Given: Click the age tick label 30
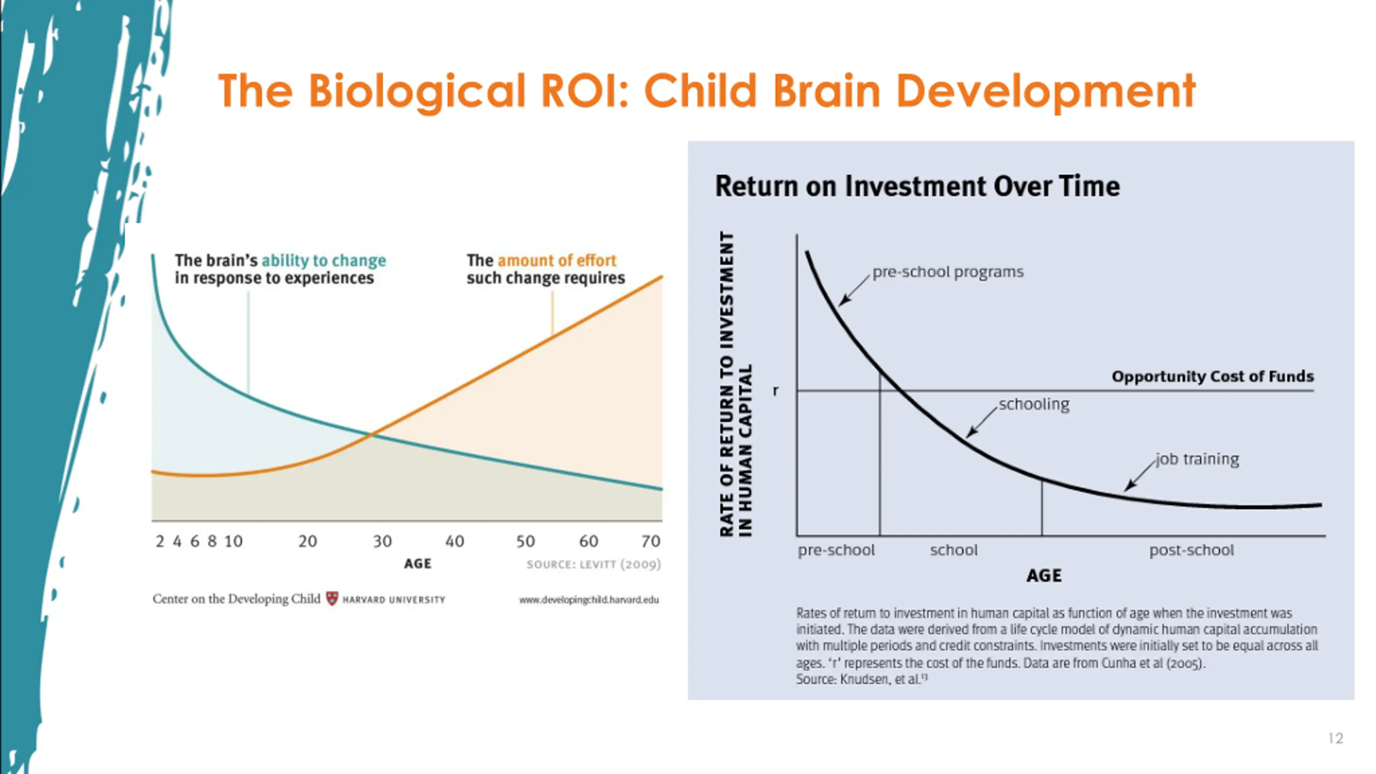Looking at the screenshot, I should pyautogui.click(x=382, y=541).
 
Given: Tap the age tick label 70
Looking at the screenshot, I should pyautogui.click(x=650, y=541).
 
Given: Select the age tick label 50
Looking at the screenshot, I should pyautogui.click(x=525, y=541).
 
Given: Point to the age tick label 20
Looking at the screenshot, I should pyautogui.click(x=307, y=541).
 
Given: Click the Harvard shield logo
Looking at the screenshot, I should pyautogui.click(x=332, y=599).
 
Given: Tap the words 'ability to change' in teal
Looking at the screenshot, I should pyautogui.click(x=324, y=261).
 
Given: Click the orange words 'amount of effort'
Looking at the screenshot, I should pyautogui.click(x=557, y=261).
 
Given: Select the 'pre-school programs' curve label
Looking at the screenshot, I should pyautogui.click(x=948, y=272).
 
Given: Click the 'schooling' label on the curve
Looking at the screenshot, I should pyautogui.click(x=1034, y=404).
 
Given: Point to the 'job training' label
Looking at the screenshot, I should pyautogui.click(x=1198, y=459).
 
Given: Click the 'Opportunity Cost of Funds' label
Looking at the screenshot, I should pyautogui.click(x=1213, y=376).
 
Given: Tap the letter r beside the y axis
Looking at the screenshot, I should pyautogui.click(x=775, y=391).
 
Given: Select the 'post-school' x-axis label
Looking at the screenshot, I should pyautogui.click(x=1191, y=550).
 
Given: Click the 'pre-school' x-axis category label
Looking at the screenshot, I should pyautogui.click(x=836, y=550).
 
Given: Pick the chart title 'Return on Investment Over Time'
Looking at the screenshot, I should pyautogui.click(x=917, y=187).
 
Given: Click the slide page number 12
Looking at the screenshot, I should pyautogui.click(x=1335, y=739).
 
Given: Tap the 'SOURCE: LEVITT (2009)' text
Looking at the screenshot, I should pyautogui.click(x=593, y=564).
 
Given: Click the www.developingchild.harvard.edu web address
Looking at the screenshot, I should pyautogui.click(x=589, y=600).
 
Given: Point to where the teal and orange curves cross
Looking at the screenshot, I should pyautogui.click(x=372, y=434).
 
